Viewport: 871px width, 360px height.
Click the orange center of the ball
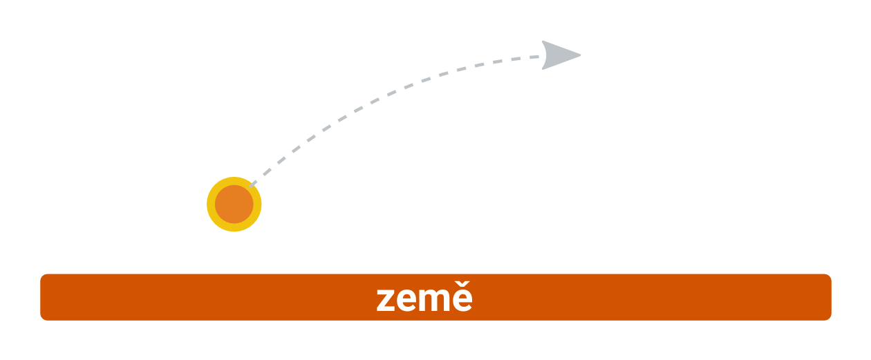pos(234,204)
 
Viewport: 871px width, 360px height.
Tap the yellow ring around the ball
pos(211,204)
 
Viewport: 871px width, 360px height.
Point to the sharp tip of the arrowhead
pos(581,55)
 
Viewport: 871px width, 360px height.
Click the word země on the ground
pos(424,299)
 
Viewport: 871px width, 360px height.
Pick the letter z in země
pos(386,300)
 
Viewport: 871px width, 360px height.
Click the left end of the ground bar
pos(41,297)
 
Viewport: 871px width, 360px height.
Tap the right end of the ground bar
pos(831,297)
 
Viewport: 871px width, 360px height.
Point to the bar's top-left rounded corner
pos(42,276)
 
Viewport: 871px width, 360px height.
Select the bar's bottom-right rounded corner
pos(830,318)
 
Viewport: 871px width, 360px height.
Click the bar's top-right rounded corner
pos(830,276)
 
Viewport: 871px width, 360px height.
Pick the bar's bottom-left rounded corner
pos(42,318)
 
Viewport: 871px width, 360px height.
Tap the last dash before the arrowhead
pos(534,57)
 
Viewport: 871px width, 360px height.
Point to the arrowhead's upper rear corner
pos(543,42)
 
